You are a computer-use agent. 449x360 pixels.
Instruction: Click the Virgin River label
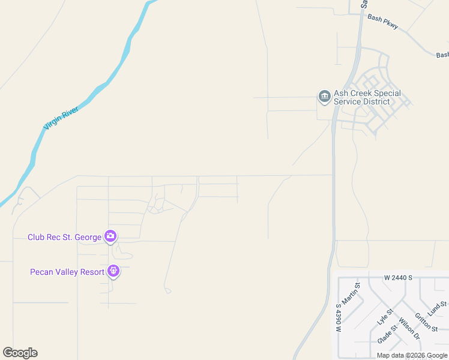[61, 117]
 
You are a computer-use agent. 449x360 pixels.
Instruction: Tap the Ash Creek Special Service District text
[367, 97]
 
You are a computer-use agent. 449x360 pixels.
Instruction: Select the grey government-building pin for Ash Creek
[324, 97]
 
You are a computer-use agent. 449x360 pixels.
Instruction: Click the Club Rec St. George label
[64, 237]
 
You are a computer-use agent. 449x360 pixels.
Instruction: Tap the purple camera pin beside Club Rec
[110, 236]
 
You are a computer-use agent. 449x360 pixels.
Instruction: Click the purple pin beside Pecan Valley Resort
[113, 272]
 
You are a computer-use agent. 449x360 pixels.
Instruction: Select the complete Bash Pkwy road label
[383, 22]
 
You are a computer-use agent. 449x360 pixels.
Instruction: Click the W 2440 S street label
[399, 278]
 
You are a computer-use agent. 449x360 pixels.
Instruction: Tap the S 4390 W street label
[339, 318]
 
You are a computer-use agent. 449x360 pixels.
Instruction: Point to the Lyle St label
[385, 316]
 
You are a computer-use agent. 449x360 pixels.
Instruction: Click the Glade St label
[387, 334]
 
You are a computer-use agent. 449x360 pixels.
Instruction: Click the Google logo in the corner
[20, 353]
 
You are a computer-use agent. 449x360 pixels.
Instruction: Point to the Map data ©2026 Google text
[412, 355]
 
